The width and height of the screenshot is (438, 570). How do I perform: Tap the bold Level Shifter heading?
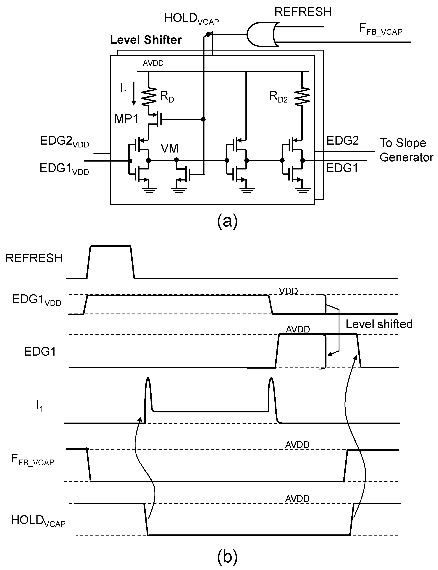[x=146, y=40]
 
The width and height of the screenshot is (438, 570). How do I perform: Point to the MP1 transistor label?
[x=126, y=119]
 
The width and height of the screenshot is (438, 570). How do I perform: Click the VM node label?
[x=169, y=149]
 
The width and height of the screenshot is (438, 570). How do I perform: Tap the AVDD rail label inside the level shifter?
[x=153, y=63]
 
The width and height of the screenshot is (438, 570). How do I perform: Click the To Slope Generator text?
[x=406, y=150]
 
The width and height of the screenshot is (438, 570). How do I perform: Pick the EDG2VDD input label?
[x=64, y=142]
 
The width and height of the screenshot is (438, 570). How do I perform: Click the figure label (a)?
[x=227, y=221]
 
